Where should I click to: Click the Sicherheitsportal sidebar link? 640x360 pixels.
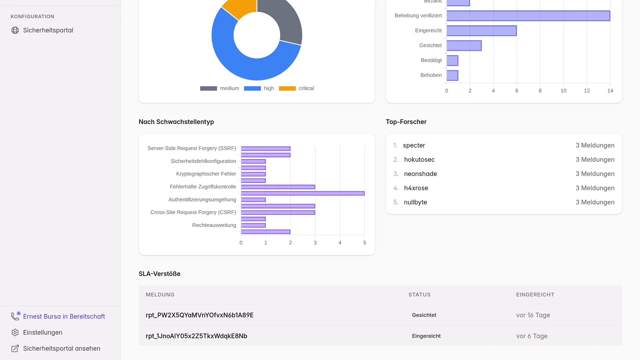click(48, 30)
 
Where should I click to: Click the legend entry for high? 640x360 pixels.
click(259, 88)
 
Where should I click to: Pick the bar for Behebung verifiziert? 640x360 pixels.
click(528, 16)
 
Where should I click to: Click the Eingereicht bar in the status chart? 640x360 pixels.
click(481, 31)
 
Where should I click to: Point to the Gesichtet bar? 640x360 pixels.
click(464, 45)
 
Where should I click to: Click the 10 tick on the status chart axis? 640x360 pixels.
click(564, 91)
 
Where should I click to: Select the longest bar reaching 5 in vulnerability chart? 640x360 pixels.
click(303, 193)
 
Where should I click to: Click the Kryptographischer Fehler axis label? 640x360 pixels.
click(206, 174)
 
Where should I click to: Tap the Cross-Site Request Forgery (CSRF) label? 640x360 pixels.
click(193, 212)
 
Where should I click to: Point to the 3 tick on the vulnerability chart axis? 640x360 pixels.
click(315, 243)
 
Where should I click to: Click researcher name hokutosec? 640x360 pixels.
click(419, 160)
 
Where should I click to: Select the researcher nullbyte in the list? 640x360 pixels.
click(416, 202)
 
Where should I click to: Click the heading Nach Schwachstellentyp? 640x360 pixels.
click(176, 122)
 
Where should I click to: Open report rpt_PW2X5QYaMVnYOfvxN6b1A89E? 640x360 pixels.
click(200, 315)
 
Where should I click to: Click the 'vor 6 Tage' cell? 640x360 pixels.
click(532, 336)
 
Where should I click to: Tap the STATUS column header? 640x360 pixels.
click(419, 295)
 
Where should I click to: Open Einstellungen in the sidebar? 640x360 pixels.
click(43, 332)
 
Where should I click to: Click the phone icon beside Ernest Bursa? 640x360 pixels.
click(15, 316)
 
